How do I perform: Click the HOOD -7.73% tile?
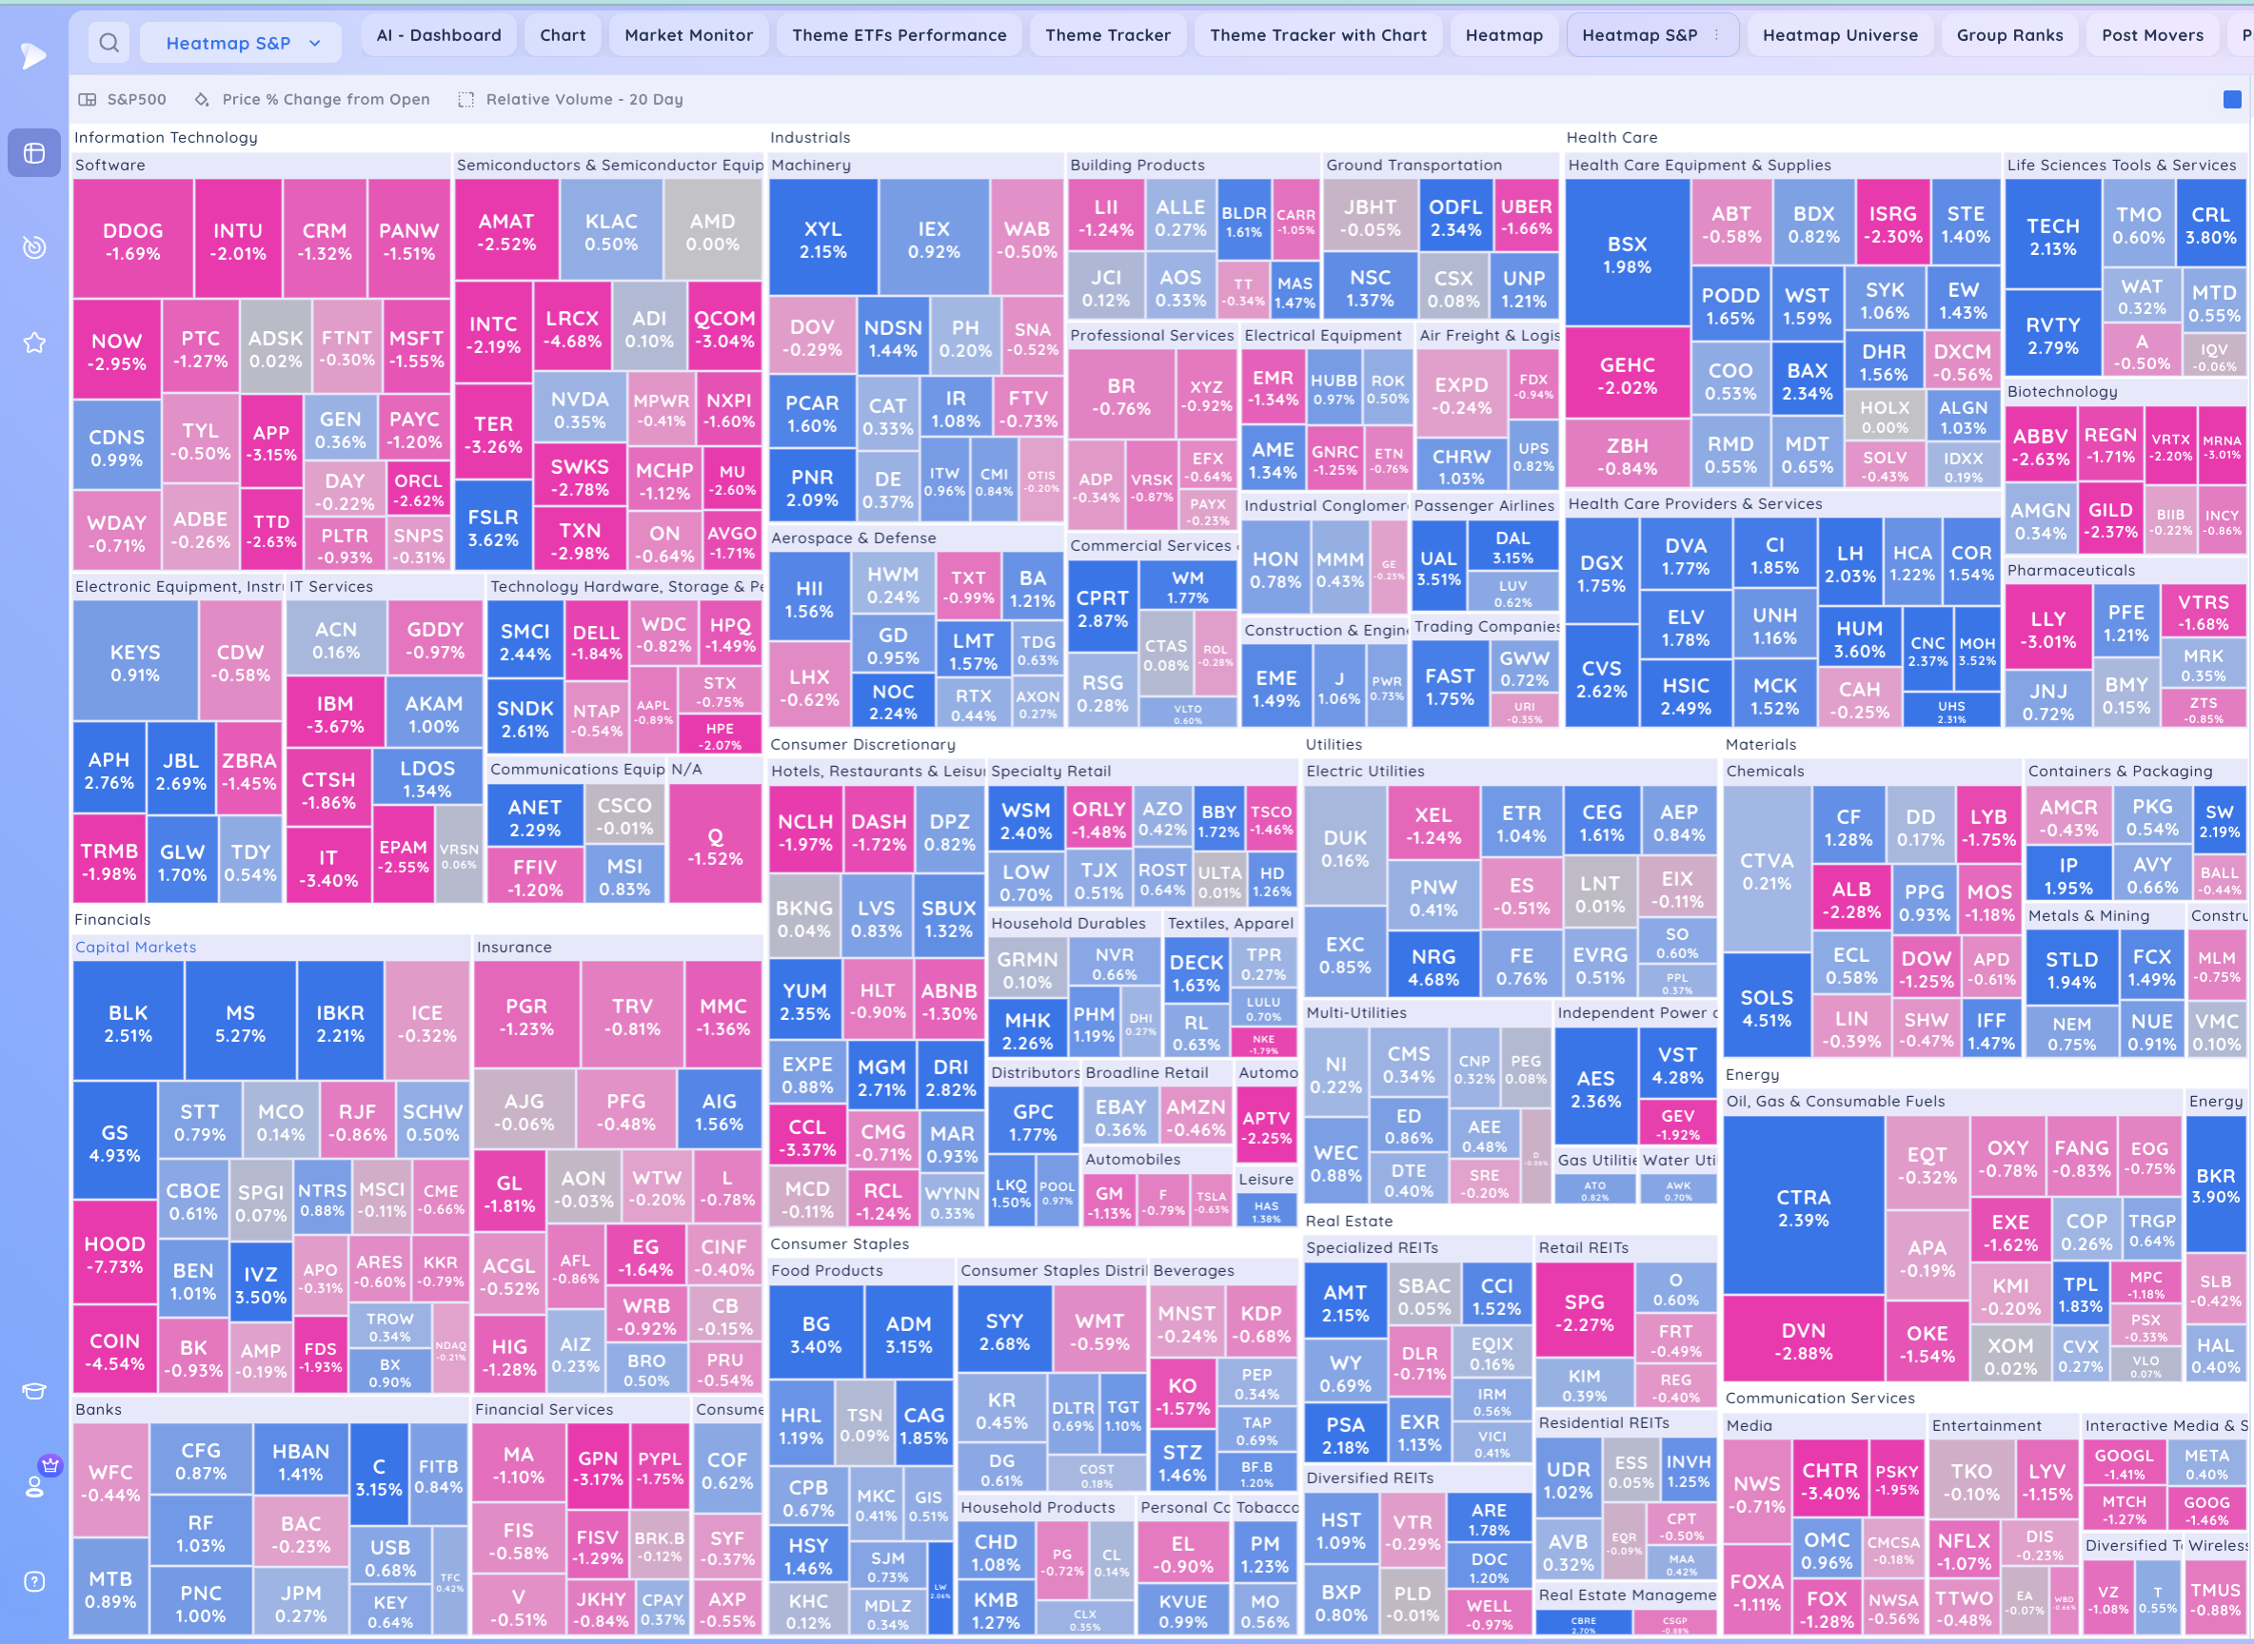coord(114,1254)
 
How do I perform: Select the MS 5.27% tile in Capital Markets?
coord(240,1023)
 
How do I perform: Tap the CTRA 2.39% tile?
coord(1803,1207)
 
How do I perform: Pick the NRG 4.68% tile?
coord(1433,967)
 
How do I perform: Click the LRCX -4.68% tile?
coord(571,328)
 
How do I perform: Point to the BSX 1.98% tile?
coord(1627,254)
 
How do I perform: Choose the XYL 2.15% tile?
coord(822,239)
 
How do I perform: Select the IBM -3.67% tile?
coord(334,714)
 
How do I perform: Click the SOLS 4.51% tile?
coord(1766,1008)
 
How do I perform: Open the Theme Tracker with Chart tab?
coord(1317,35)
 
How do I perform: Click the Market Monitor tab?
coord(688,35)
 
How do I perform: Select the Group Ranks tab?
coord(2009,35)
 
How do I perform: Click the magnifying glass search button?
coord(109,43)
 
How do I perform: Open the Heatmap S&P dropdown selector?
coord(242,43)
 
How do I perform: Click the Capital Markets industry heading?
coord(135,947)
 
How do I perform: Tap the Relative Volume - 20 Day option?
coord(583,100)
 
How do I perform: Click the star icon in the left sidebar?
coord(34,343)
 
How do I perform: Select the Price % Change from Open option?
coord(326,100)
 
